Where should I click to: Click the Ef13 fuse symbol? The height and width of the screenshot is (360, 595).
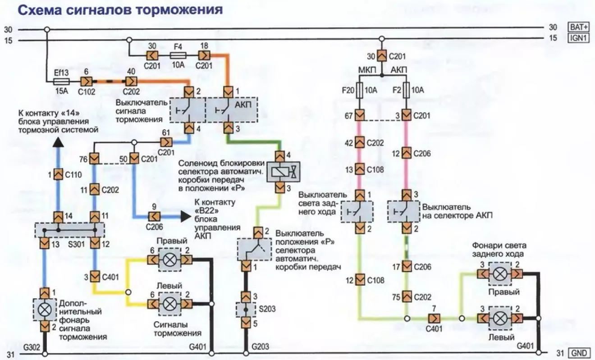[61, 82]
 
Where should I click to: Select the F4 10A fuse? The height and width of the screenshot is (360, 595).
[178, 55]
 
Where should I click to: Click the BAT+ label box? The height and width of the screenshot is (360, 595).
[578, 27]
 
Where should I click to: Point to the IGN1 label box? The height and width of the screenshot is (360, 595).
[578, 38]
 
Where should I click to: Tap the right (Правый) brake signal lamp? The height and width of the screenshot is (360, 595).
[170, 260]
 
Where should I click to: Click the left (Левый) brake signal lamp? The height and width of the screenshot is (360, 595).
[170, 304]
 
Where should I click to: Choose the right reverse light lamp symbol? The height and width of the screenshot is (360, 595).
[499, 274]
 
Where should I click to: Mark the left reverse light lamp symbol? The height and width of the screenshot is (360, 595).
[499, 318]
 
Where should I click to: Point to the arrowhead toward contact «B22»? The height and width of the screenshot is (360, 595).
[185, 216]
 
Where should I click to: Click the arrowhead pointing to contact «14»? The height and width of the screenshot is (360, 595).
[58, 142]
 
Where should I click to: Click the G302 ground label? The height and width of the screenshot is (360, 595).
[32, 347]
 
